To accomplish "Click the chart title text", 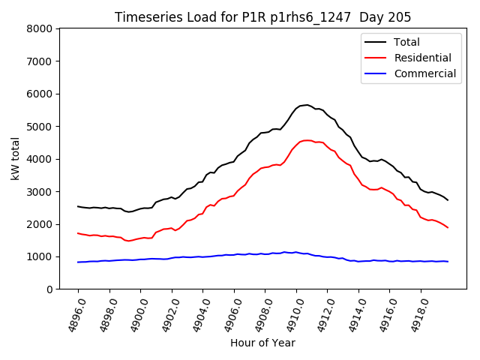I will tap(262, 17).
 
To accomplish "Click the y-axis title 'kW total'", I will tap(16, 158).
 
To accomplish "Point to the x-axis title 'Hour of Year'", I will tap(262, 343).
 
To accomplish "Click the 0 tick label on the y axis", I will tap(49, 289).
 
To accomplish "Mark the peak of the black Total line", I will tap(306, 105).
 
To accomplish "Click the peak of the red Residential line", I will tap(307, 140).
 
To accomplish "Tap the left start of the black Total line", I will tap(78, 206).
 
